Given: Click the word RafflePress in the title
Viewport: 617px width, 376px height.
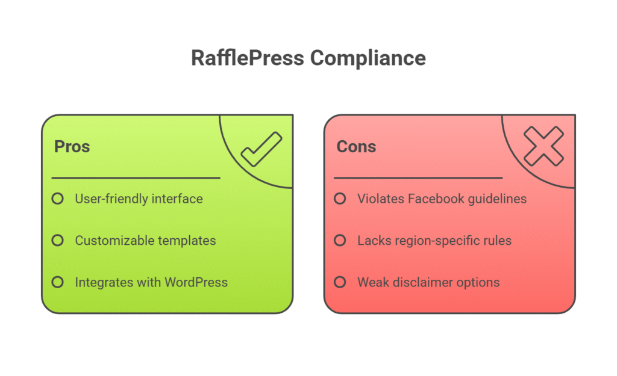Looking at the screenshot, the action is tap(248, 58).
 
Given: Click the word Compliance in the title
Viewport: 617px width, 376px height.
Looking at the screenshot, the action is tap(368, 59).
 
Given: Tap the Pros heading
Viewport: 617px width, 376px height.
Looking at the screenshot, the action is tap(72, 147).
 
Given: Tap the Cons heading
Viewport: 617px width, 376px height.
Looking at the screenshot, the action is tap(356, 147).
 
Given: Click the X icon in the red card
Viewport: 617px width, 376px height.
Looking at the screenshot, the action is tap(544, 146).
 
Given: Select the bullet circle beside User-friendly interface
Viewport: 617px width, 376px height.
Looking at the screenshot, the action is tap(57, 199).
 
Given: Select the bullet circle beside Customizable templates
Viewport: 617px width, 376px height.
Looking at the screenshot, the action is tap(57, 240).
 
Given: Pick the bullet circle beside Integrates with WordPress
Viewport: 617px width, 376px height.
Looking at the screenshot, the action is tap(57, 282).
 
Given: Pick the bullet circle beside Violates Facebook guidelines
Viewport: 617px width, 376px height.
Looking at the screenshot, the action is tap(340, 199).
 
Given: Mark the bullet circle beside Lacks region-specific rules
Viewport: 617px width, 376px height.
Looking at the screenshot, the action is tap(340, 240).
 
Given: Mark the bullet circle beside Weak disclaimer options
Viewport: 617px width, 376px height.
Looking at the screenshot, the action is tap(340, 282).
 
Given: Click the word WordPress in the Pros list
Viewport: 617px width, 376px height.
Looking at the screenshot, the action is tap(196, 282).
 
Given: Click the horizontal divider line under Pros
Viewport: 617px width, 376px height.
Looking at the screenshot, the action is tap(136, 178).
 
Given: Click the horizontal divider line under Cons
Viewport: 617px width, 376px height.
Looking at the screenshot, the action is tap(418, 178).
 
